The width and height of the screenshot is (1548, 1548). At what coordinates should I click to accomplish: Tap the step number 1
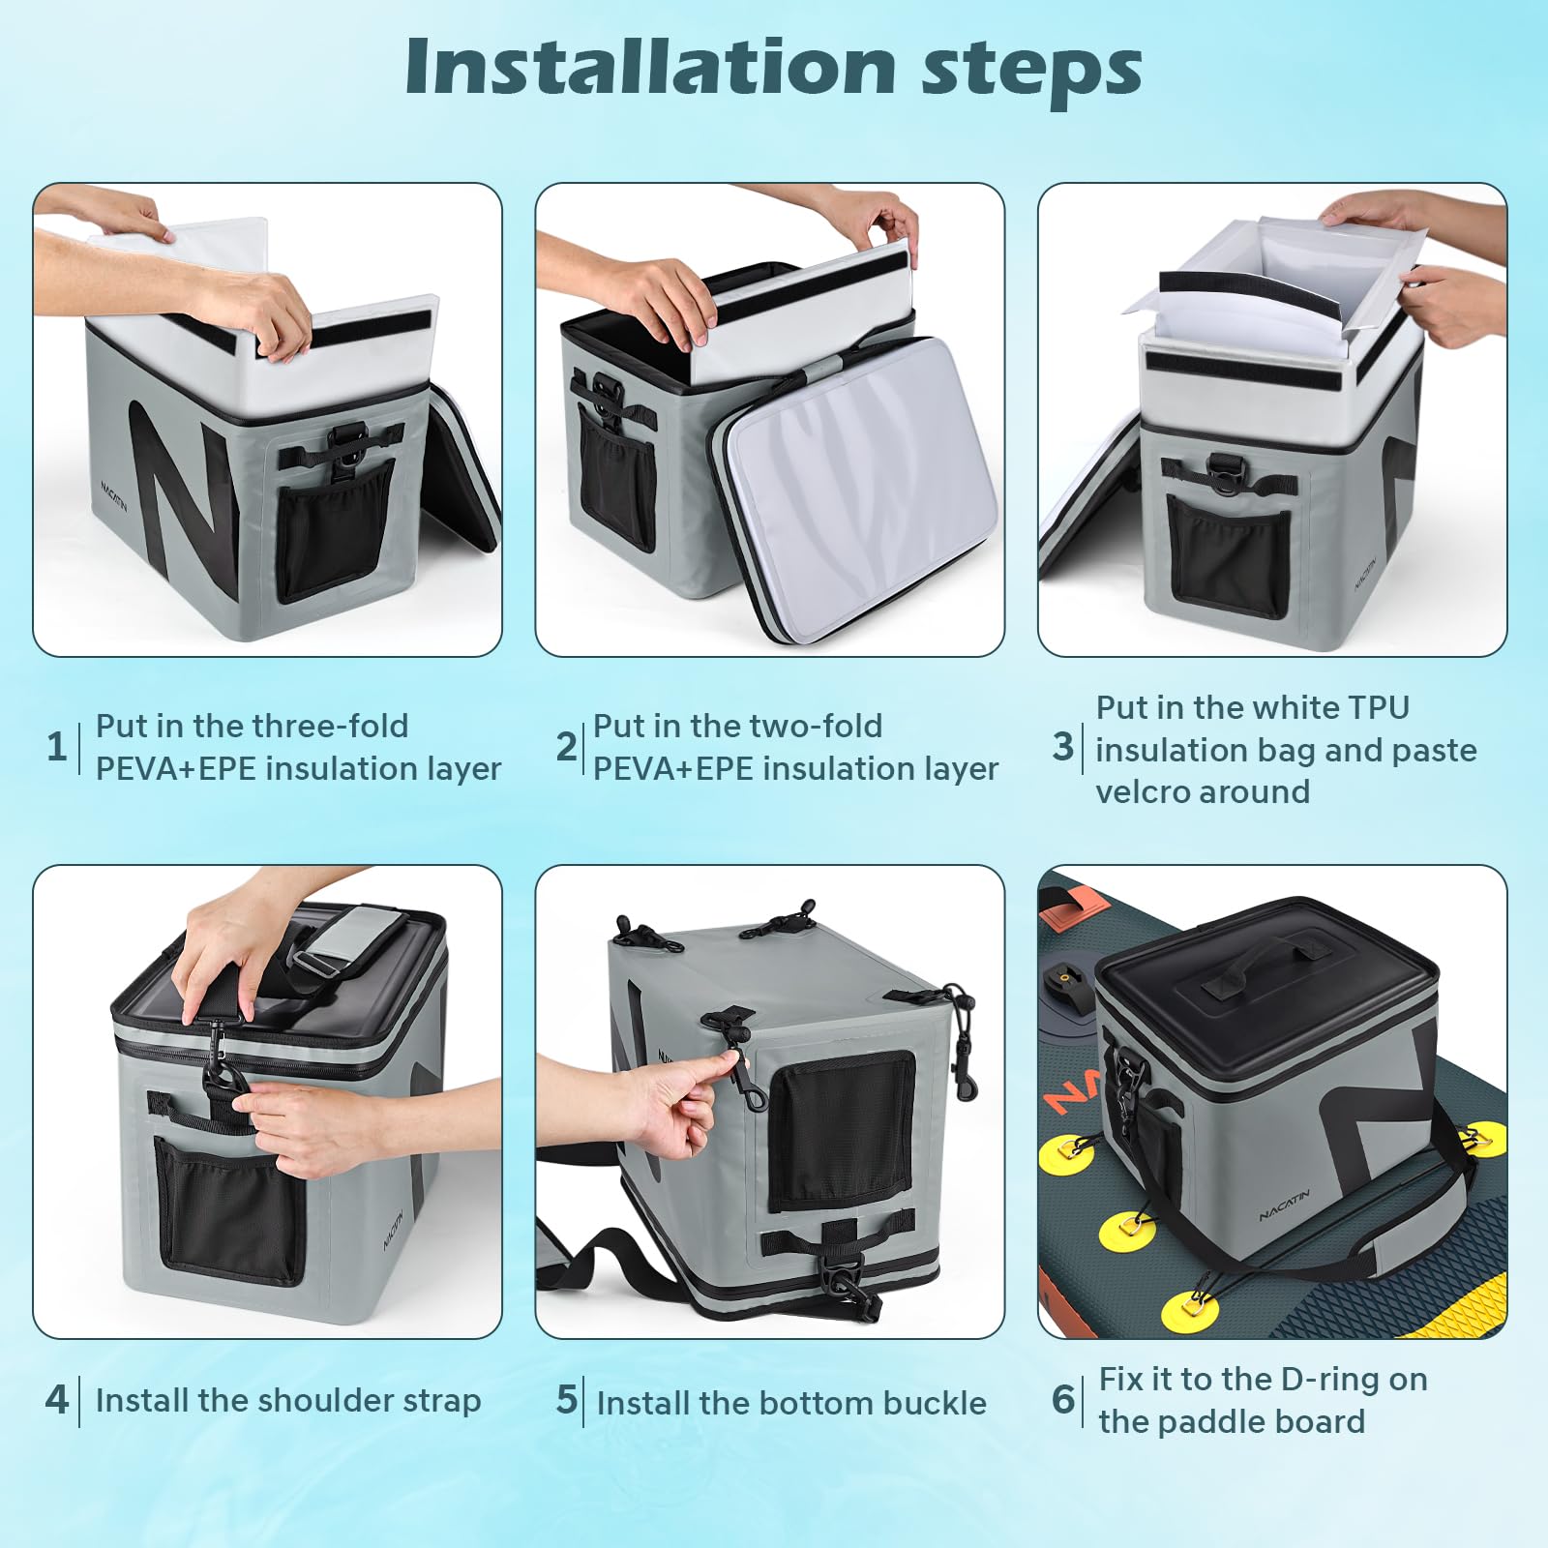pos(56,746)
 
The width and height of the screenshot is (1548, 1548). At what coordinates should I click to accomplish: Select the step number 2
pos(566,746)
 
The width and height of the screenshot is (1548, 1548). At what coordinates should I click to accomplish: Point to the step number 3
pos(1063,746)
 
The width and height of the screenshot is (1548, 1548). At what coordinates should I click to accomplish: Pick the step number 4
pos(56,1399)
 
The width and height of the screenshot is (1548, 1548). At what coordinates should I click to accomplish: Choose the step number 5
pos(566,1399)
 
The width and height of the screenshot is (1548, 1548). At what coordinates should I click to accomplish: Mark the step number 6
pos(1063,1399)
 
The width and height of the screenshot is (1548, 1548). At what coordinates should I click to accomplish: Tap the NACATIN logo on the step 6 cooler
pos(1285,1205)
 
